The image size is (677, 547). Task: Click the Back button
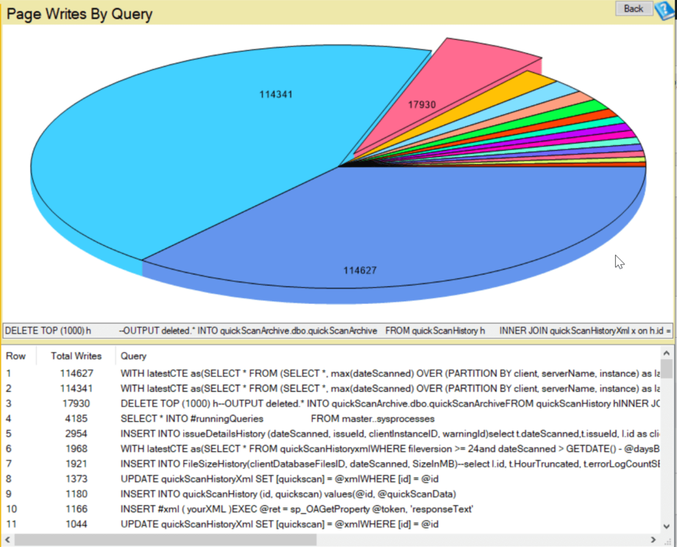(x=633, y=9)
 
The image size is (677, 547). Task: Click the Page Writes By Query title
(x=79, y=13)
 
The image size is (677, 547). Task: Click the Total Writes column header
(x=76, y=356)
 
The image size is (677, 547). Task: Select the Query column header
(x=133, y=356)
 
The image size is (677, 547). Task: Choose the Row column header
(x=15, y=356)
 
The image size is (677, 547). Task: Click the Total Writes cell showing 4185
(x=76, y=419)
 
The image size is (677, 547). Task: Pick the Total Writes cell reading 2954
(x=76, y=434)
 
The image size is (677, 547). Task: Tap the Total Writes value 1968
(x=76, y=449)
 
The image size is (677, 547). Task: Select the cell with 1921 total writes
(x=76, y=464)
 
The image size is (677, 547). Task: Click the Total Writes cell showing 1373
(x=76, y=479)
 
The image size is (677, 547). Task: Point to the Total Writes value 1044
(x=76, y=524)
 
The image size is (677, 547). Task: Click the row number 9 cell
(x=9, y=494)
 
